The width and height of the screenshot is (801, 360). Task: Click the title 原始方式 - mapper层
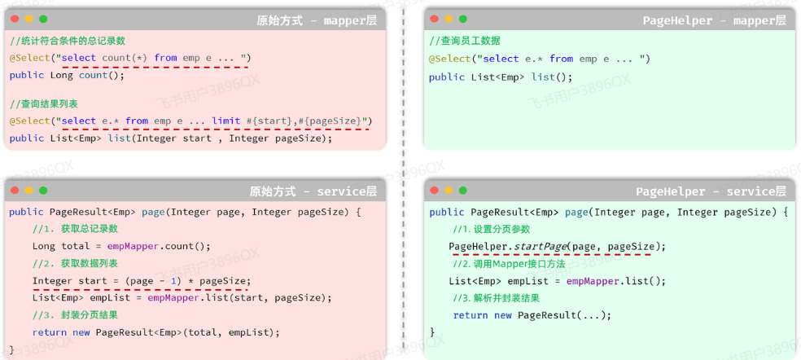tap(317, 20)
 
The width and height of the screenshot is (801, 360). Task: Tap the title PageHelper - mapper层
tap(714, 20)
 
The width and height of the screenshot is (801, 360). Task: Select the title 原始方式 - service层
tap(313, 191)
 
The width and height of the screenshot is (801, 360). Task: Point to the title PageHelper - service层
tap(711, 191)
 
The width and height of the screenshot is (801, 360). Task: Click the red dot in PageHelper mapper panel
tap(434, 19)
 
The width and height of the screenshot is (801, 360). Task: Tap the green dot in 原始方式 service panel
tap(43, 191)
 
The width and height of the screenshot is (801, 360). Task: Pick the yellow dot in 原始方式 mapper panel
tap(29, 19)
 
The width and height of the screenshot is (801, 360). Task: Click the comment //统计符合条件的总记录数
tap(68, 41)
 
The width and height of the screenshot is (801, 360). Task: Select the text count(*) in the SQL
tap(125, 58)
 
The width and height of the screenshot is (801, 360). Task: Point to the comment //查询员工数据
tap(466, 41)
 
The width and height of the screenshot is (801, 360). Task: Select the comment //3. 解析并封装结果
tap(496, 297)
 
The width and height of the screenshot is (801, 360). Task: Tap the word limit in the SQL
tap(225, 121)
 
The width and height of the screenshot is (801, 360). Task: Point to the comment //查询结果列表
tap(44, 104)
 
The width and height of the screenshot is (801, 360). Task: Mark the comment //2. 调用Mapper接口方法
tap(509, 264)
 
